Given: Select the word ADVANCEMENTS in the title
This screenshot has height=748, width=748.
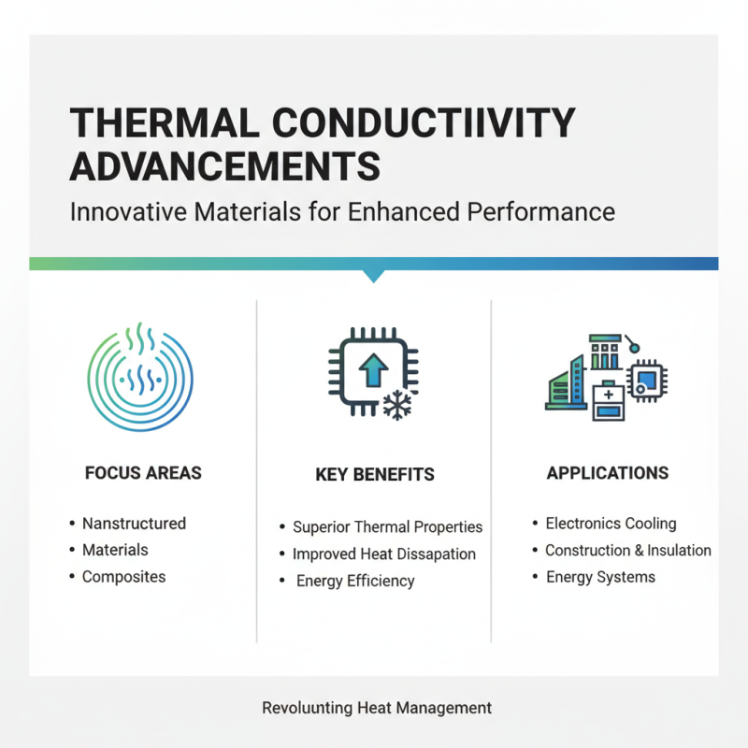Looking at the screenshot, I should [x=225, y=166].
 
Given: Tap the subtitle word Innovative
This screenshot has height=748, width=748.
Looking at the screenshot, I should [x=130, y=211].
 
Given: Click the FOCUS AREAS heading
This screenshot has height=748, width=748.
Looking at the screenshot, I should [x=143, y=472].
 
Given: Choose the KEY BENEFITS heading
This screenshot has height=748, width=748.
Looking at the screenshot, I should [x=375, y=475].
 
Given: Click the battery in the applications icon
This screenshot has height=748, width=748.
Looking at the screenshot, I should [x=609, y=400].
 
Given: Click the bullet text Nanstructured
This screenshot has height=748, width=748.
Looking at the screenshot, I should [x=134, y=524].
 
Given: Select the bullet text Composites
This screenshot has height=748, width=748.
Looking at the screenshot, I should [x=123, y=576].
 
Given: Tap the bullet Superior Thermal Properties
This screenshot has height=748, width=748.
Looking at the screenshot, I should [x=387, y=527].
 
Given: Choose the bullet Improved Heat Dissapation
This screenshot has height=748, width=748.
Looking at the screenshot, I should [x=383, y=554].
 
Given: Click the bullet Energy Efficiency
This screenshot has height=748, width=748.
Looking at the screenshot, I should [x=355, y=581].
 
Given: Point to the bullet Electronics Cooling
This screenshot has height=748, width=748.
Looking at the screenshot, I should [x=611, y=524].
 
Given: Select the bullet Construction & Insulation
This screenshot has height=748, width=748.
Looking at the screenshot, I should [x=627, y=550].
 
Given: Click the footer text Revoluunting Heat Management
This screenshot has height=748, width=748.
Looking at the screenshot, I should [x=376, y=708].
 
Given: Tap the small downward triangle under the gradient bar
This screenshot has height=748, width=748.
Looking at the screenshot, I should [x=374, y=276].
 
